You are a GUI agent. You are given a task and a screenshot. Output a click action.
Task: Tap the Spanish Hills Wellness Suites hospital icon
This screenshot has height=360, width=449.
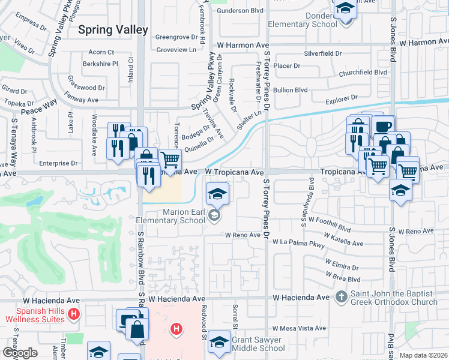73,314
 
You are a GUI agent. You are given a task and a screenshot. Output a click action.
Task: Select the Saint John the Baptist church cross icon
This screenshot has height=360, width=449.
341,296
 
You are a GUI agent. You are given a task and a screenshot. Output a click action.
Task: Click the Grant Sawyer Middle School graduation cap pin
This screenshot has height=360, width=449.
220,341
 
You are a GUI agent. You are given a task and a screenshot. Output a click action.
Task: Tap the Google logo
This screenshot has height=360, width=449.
20,353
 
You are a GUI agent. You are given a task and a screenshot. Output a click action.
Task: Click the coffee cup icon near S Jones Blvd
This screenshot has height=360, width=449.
382,125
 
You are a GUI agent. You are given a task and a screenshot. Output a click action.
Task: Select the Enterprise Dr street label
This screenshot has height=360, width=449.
58,163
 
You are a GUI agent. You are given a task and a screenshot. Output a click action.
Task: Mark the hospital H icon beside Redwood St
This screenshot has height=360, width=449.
176,328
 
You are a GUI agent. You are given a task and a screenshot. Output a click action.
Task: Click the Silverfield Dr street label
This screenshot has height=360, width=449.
322,53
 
